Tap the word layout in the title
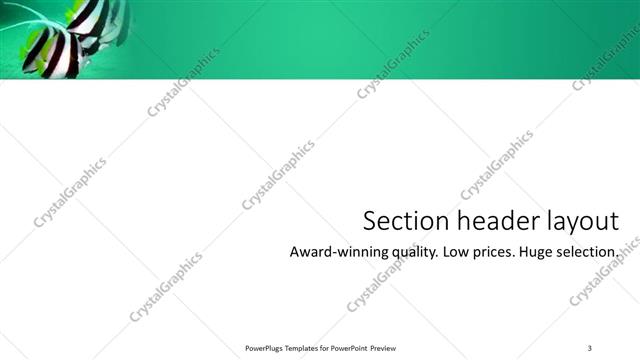pos(575,222)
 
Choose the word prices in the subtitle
pos(493,253)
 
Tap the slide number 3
pos(590,347)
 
